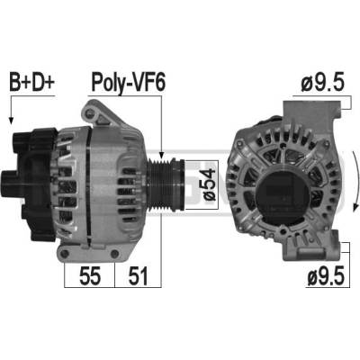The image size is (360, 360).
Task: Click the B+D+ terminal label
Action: tap(32, 82)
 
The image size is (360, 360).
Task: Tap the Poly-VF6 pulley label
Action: tap(128, 82)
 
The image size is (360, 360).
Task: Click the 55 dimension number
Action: tap(90, 276)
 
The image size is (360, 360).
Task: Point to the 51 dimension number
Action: tap(138, 276)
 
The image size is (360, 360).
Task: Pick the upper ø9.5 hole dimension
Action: tap(322, 83)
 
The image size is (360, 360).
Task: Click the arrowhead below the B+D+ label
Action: tap(11, 121)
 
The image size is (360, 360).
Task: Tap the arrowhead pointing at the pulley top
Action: tap(161, 155)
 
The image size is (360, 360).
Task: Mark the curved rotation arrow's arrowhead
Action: tap(356, 207)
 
